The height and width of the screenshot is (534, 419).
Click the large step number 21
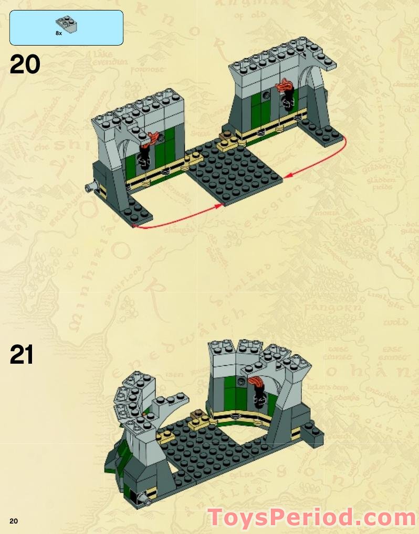click(x=22, y=355)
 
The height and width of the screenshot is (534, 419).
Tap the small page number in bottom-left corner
click(x=13, y=520)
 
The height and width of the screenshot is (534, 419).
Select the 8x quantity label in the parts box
click(x=59, y=33)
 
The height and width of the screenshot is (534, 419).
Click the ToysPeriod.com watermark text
click(x=312, y=518)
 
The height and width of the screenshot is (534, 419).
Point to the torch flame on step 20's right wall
click(x=287, y=84)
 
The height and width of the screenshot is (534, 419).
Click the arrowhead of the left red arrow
click(x=221, y=206)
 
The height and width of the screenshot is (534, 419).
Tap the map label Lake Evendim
click(x=111, y=58)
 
